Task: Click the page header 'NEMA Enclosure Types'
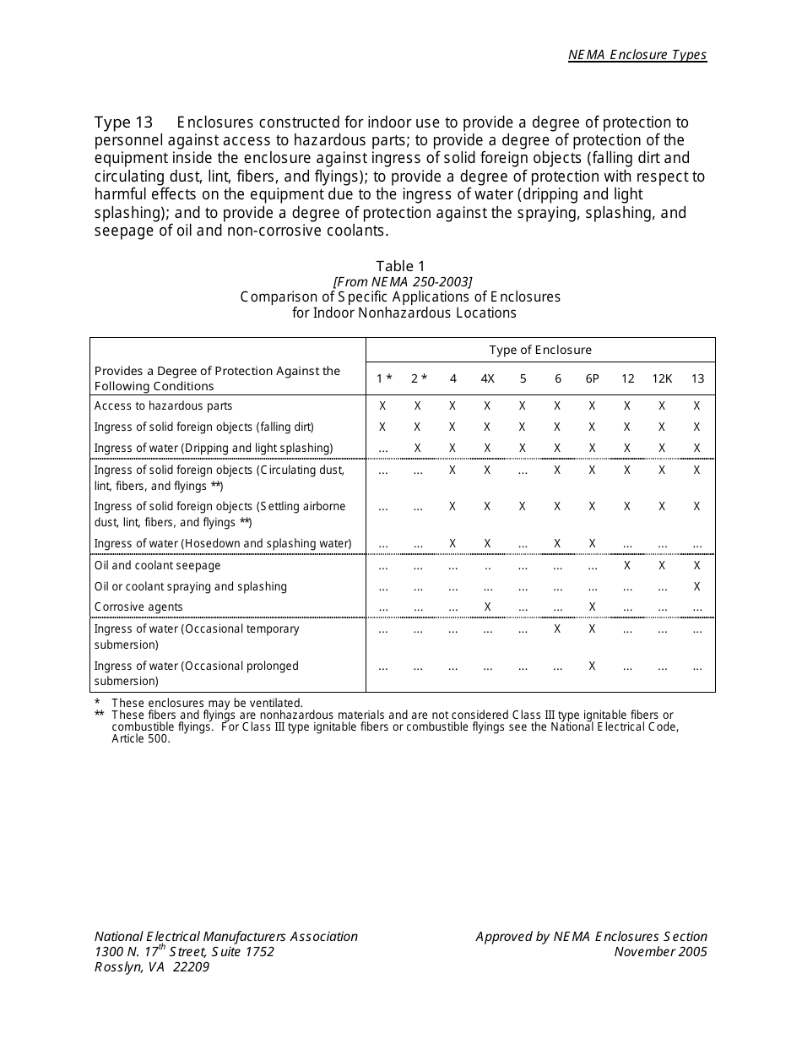637,55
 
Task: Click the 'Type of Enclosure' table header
540,350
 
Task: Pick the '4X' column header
487,378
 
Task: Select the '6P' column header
592,378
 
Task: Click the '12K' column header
662,378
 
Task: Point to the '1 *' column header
384,378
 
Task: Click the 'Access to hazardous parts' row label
163,406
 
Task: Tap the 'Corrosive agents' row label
138,607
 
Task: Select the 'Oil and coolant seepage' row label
157,566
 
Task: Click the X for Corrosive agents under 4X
487,607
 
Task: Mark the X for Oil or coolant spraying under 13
696,586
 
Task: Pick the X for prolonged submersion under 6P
592,666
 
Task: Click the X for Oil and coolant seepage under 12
627,565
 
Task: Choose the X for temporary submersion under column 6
557,628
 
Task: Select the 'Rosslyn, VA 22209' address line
152,968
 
